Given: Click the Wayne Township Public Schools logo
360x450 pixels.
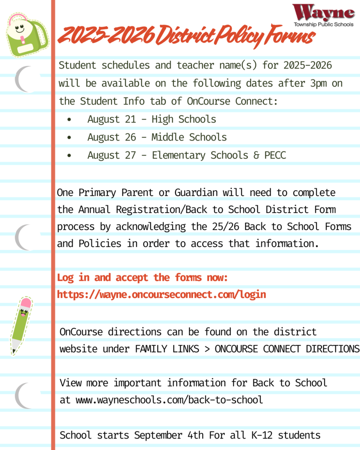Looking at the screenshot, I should point(323,16).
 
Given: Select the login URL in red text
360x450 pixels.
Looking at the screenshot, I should point(161,294).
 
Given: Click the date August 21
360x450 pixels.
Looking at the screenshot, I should point(112,119).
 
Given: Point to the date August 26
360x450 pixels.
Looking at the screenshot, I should point(112,137).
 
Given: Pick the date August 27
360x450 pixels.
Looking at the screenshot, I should point(112,155).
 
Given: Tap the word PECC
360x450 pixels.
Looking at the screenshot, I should point(275,155).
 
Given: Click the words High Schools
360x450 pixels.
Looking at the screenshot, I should point(184,119).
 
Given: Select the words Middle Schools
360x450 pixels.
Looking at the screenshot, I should point(189,137).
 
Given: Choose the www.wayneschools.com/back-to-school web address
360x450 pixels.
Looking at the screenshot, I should point(169,400).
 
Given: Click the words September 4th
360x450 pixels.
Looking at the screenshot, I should point(169,435).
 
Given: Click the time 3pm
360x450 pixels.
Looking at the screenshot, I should point(318,83).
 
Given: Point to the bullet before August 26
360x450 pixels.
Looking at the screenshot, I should point(69,138).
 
